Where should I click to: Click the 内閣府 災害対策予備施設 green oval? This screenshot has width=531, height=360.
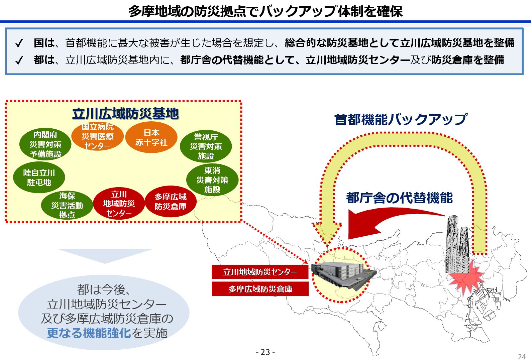(45, 144)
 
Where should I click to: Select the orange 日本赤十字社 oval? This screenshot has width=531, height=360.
(151, 138)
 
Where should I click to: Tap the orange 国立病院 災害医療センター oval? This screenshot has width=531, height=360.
(97, 137)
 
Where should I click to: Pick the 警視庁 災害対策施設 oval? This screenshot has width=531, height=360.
(206, 146)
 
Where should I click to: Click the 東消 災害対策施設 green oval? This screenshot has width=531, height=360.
(212, 180)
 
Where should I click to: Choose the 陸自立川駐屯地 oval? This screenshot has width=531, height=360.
(39, 177)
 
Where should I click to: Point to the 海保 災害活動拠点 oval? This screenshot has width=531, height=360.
(67, 205)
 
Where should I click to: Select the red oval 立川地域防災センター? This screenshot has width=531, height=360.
(119, 204)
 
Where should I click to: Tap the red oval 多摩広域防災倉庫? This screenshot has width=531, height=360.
(171, 202)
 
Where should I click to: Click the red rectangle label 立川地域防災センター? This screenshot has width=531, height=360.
(260, 272)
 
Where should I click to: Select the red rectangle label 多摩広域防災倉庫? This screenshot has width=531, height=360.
(260, 289)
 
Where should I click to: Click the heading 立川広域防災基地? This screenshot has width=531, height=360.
(125, 114)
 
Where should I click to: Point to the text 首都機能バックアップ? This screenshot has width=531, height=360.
(401, 119)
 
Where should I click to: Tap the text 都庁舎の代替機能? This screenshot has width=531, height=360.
(399, 198)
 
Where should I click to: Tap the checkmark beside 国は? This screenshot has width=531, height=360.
(19, 43)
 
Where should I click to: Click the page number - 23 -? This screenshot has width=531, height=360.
(265, 352)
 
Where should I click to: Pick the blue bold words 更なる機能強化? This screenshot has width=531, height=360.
(89, 333)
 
